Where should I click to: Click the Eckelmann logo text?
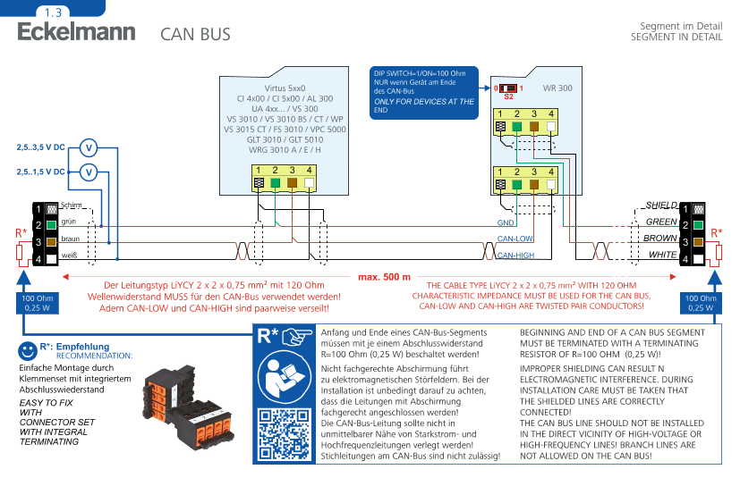coord(76,32)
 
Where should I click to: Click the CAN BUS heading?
coord(195,35)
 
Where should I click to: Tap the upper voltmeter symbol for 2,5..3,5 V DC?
coord(89,147)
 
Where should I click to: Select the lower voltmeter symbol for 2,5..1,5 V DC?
coord(89,172)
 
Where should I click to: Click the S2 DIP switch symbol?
coord(508,88)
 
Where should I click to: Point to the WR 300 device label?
coord(557,89)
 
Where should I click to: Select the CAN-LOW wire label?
coord(515,239)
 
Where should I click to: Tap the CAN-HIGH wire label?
coord(516,256)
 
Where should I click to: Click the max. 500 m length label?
coord(384,276)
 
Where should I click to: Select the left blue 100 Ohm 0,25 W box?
coord(38,302)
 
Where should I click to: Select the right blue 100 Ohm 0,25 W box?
coord(701,302)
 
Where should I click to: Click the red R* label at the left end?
coord(21,233)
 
